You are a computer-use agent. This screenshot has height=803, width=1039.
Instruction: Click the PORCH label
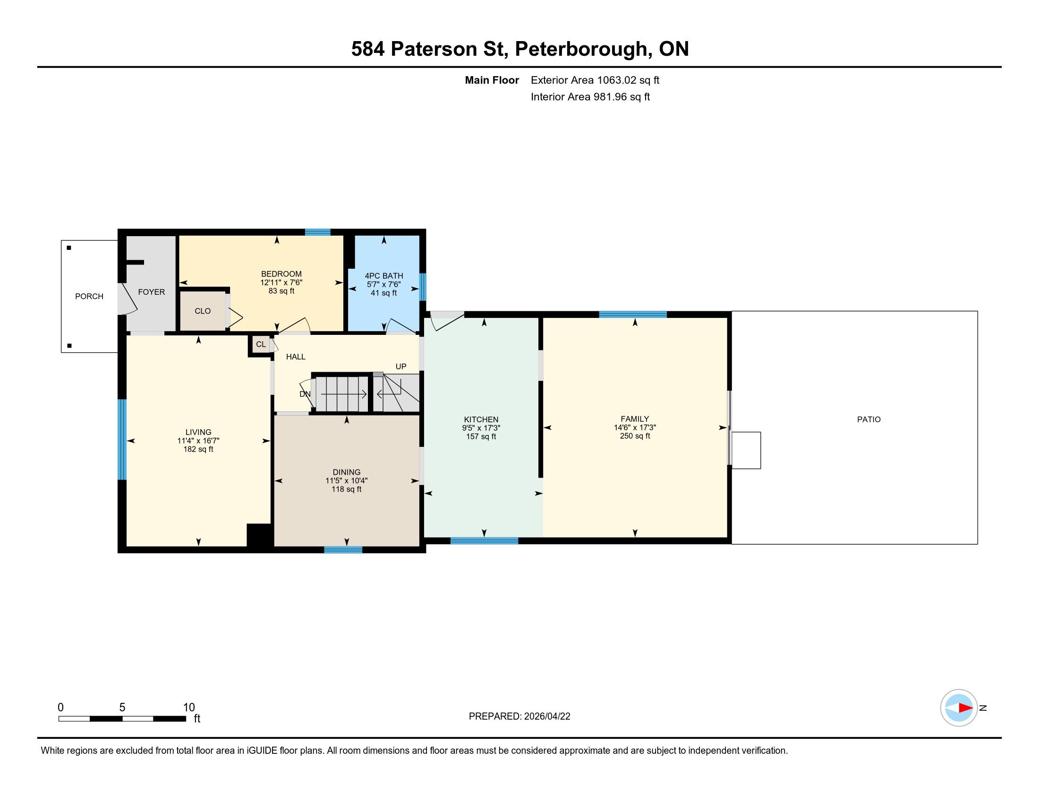pos(89,296)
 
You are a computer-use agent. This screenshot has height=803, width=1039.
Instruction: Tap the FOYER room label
pos(151,292)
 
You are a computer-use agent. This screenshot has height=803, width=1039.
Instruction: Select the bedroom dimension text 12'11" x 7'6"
pos(281,282)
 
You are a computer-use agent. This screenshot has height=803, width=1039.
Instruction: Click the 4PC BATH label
pos(384,276)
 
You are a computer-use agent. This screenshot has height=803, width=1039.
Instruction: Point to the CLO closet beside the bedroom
pos(203,311)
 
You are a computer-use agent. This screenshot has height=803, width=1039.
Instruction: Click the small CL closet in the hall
pos(261,344)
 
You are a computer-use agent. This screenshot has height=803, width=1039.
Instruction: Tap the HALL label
pos(296,357)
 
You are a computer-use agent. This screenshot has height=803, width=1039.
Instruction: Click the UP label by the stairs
pos(401,366)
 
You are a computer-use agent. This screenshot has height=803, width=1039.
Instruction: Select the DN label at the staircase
pos(305,394)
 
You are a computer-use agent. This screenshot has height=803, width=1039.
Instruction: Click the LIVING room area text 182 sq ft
pos(198,449)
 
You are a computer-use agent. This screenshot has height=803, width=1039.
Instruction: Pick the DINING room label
pos(346,472)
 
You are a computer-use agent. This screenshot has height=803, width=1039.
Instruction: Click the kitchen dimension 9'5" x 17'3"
pos(481,428)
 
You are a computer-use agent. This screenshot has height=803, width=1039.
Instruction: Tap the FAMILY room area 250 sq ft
pos(635,436)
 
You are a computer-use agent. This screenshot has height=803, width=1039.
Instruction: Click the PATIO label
pos(869,419)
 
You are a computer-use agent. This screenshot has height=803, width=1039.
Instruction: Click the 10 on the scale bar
pos(189,708)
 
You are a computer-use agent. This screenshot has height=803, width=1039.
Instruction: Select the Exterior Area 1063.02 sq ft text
pos(595,80)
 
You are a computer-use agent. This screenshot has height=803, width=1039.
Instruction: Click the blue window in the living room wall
pos(122,439)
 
